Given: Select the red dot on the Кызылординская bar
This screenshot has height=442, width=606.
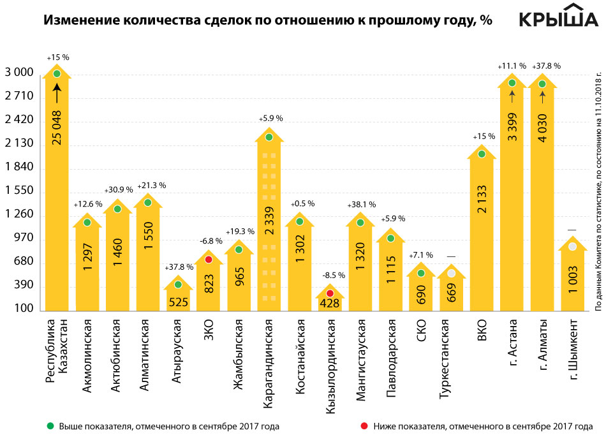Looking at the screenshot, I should (330, 293).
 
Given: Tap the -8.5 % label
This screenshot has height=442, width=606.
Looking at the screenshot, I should (332, 276).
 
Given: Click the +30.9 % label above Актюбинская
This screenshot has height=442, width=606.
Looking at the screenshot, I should (119, 190).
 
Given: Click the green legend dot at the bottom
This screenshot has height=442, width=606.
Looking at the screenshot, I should (49, 425).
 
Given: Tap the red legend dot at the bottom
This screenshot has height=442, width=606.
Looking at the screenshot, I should (364, 425).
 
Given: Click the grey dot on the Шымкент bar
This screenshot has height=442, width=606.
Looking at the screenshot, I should (573, 265).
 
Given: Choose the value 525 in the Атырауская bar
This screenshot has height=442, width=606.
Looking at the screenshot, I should (178, 300).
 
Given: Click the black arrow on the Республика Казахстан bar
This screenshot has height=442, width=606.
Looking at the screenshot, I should (57, 96).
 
